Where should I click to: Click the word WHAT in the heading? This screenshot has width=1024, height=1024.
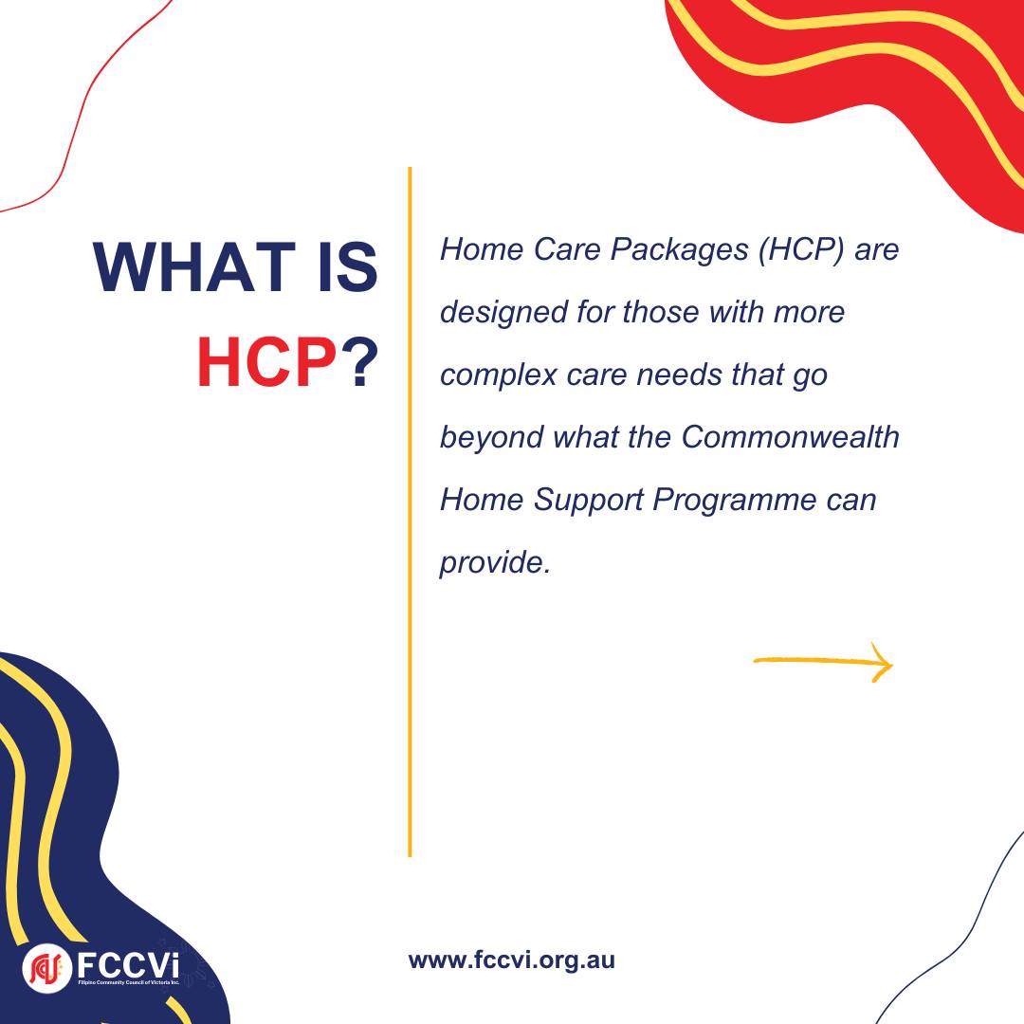click(194, 266)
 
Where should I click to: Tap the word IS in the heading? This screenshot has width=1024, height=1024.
click(348, 266)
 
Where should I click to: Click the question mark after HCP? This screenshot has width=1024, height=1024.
click(360, 362)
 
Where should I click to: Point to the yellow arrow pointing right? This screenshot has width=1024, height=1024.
click(824, 662)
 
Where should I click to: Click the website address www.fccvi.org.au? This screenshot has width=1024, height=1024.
click(511, 960)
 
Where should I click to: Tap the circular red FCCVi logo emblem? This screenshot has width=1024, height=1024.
click(46, 968)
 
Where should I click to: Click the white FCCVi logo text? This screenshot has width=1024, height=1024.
click(127, 965)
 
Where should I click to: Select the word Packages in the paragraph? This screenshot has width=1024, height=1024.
click(679, 249)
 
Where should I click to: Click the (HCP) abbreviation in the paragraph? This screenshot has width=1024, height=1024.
click(801, 250)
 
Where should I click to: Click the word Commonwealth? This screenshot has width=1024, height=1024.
click(790, 437)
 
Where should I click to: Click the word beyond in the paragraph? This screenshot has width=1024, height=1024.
click(492, 437)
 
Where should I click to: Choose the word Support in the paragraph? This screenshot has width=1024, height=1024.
click(589, 501)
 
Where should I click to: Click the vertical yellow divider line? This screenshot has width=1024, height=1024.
click(410, 511)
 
